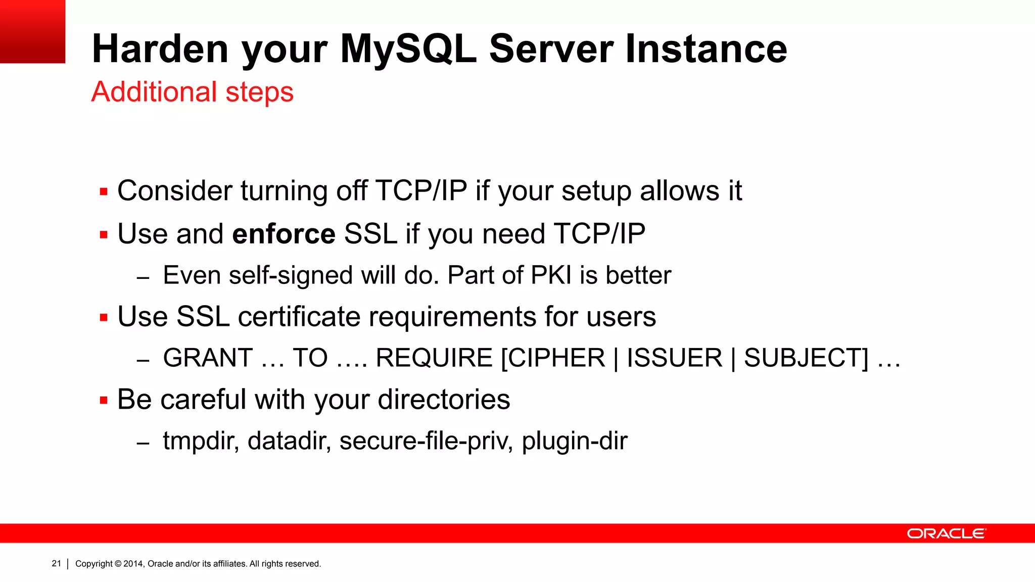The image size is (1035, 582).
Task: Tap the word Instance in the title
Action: tap(706, 49)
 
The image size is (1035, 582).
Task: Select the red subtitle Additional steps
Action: tap(192, 92)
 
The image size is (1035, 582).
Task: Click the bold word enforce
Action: tap(284, 234)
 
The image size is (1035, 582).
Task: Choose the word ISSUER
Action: tap(674, 358)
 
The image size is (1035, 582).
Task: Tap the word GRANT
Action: tap(208, 358)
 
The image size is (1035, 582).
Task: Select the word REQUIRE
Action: tap(434, 358)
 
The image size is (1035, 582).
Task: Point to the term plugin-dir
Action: tap(574, 441)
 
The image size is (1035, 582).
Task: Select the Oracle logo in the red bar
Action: tap(946, 533)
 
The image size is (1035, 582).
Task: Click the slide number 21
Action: tap(56, 563)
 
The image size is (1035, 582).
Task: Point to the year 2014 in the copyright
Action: tap(133, 564)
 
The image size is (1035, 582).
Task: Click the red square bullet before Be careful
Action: tap(104, 400)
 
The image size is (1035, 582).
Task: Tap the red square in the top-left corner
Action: tap(32, 31)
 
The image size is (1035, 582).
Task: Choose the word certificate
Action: tap(299, 317)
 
